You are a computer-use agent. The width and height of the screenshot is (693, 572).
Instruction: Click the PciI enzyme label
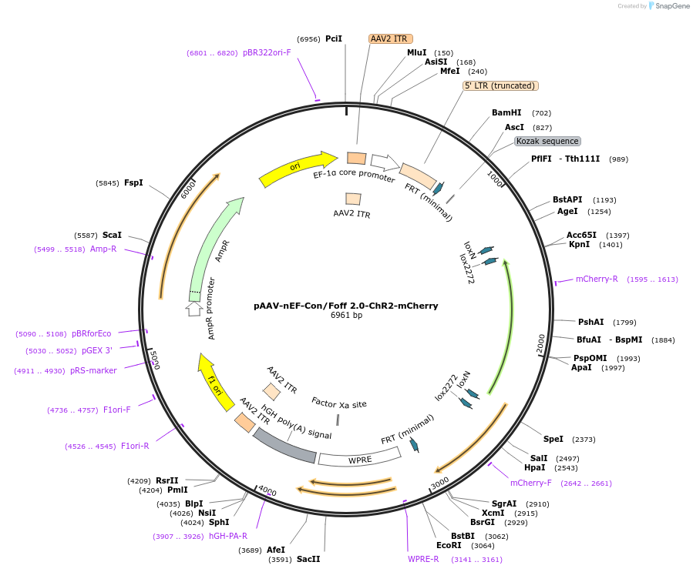pos(334,38)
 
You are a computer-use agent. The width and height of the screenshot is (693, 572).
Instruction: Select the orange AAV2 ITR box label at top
pos(390,38)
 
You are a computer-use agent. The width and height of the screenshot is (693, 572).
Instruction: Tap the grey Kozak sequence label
pos(547,142)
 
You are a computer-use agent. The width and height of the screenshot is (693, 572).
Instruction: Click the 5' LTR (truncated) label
pos(500,85)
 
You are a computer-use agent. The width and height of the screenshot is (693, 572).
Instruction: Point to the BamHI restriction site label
pos(506,113)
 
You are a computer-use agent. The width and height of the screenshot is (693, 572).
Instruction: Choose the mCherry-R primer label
pos(597,279)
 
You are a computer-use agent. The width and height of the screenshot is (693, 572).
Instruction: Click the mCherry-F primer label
pos(530,483)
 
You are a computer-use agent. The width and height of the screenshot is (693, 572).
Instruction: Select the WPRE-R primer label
pos(423,559)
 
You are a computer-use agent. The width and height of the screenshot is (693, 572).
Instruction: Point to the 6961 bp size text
pos(346,316)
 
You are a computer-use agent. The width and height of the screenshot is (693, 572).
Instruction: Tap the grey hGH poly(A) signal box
pos(284,446)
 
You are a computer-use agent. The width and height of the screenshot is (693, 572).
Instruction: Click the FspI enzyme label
pos(133,182)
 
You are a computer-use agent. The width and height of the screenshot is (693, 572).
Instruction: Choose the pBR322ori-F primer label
pos(267,52)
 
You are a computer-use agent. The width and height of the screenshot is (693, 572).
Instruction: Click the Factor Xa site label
pos(338,403)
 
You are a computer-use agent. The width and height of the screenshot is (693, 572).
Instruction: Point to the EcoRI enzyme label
pos(448,545)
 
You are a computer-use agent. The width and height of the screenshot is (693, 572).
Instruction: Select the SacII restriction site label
pos(308,559)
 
